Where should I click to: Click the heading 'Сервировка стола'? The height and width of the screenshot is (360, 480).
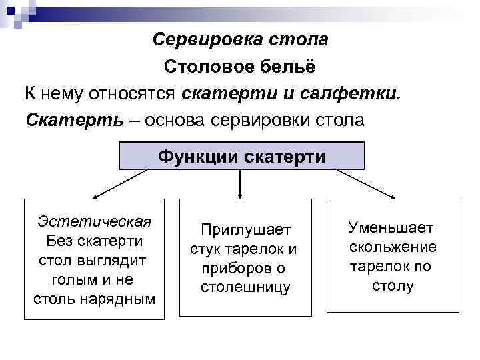coord(240,39)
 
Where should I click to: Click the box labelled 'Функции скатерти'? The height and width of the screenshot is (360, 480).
coord(241,157)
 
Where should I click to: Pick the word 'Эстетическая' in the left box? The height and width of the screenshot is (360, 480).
coord(95,221)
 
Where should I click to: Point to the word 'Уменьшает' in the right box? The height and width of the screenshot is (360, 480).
coord(391,227)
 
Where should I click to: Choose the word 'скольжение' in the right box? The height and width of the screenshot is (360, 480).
coord(393,247)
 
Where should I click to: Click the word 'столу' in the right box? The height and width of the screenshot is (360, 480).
coord(393,286)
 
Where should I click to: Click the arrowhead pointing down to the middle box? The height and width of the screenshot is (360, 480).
coord(241,194)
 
